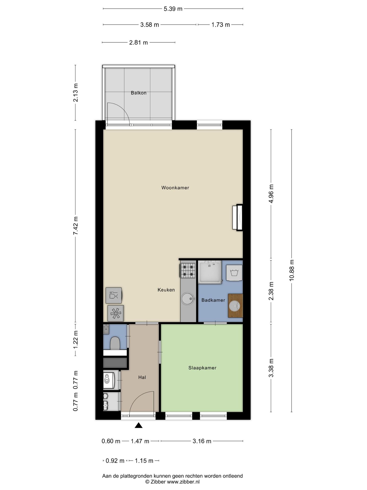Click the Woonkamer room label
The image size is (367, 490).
[175, 188]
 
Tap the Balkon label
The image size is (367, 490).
[139, 93]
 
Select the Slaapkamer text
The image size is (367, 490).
[202, 368]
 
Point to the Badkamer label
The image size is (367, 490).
[213, 300]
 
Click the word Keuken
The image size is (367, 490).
[166, 290]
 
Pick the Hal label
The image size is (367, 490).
[142, 377]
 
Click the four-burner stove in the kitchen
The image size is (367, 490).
[188, 270]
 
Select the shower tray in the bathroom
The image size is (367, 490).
[210, 272]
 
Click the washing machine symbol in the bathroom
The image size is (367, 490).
[234, 273]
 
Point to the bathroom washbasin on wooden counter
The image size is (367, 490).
[235, 306]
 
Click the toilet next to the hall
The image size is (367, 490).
[115, 343]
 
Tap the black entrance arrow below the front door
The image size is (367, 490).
[138, 425]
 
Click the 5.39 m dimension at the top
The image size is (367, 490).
[173, 9]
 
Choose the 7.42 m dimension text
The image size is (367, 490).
[76, 226]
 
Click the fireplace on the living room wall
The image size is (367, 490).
[237, 217]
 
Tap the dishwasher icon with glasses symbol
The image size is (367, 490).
[114, 296]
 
